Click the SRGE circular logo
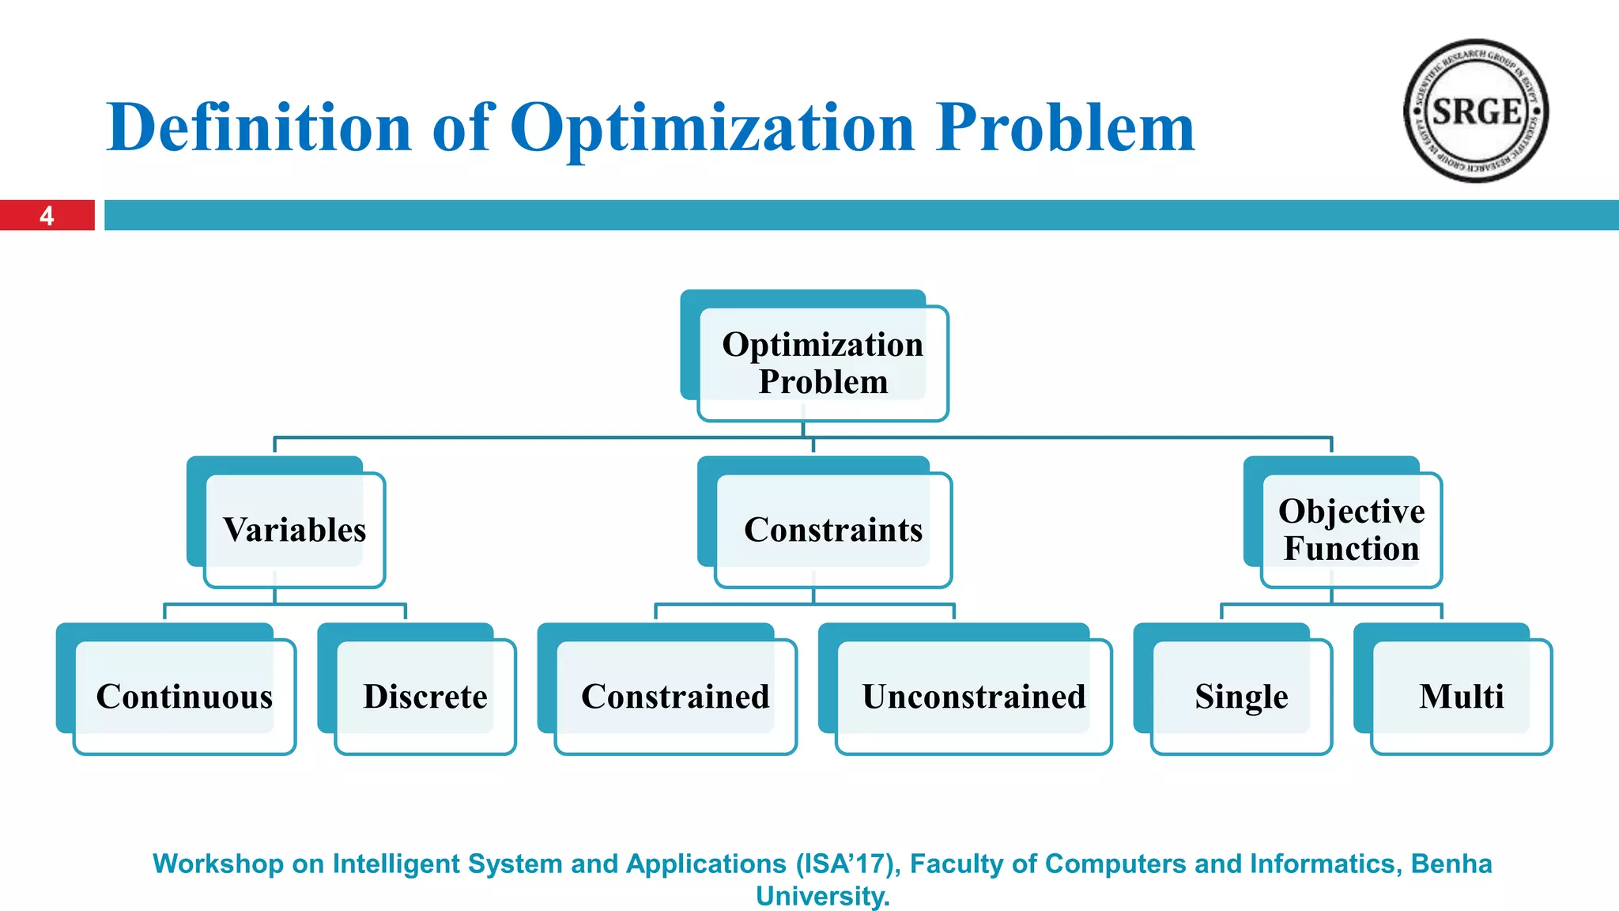(x=1475, y=112)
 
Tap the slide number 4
(x=47, y=216)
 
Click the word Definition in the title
(x=259, y=127)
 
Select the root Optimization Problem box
(x=822, y=363)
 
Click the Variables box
(x=294, y=530)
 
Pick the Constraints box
(x=833, y=530)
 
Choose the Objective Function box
(x=1351, y=530)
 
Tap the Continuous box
(x=184, y=697)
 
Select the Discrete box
(x=425, y=697)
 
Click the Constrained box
(x=675, y=697)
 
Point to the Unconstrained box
(x=974, y=697)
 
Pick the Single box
(x=1241, y=697)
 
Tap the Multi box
(x=1461, y=697)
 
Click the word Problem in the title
(x=1065, y=127)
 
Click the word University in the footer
(x=822, y=896)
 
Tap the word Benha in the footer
(x=1451, y=864)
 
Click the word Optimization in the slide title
(x=712, y=127)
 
